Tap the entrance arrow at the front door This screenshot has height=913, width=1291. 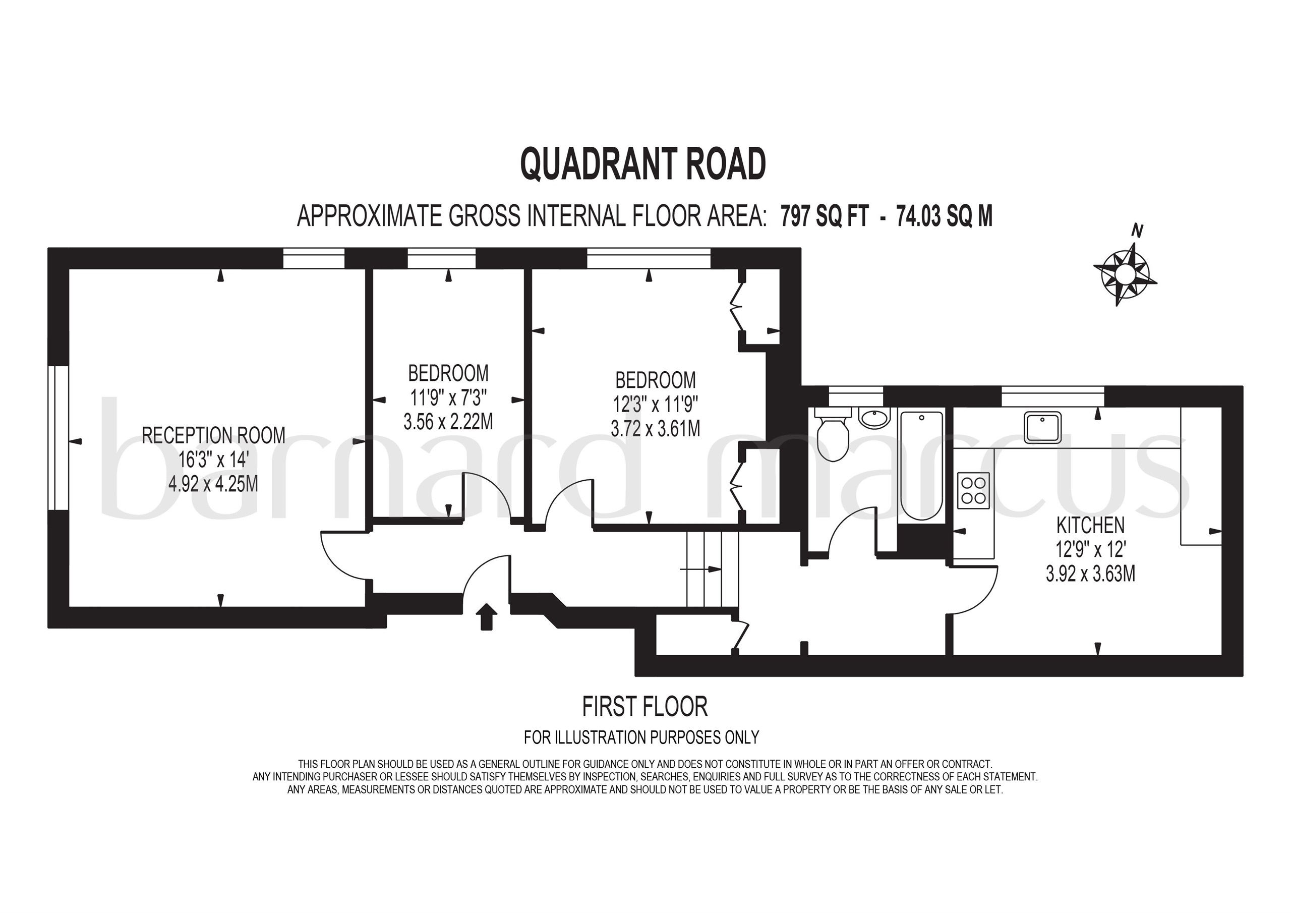pos(486,616)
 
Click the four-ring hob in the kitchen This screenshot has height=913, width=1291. pos(973,490)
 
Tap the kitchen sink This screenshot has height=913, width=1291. pos(1042,428)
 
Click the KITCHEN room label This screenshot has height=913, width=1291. pos(1090,526)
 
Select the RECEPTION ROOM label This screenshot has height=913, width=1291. pos(213,435)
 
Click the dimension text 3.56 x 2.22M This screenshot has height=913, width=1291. pos(448,421)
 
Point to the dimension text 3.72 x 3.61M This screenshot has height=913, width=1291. pos(656,429)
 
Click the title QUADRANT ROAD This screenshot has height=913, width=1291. pos(642,164)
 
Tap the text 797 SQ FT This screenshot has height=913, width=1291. pos(825,216)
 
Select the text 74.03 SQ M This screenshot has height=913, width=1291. pos(945,216)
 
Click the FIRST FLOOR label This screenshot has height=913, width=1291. pos(644,707)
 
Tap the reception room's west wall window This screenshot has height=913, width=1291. pos(58,438)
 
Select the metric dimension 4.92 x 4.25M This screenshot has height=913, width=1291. pos(213,484)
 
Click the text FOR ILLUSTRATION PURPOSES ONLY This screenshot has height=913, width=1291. pos(641,737)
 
